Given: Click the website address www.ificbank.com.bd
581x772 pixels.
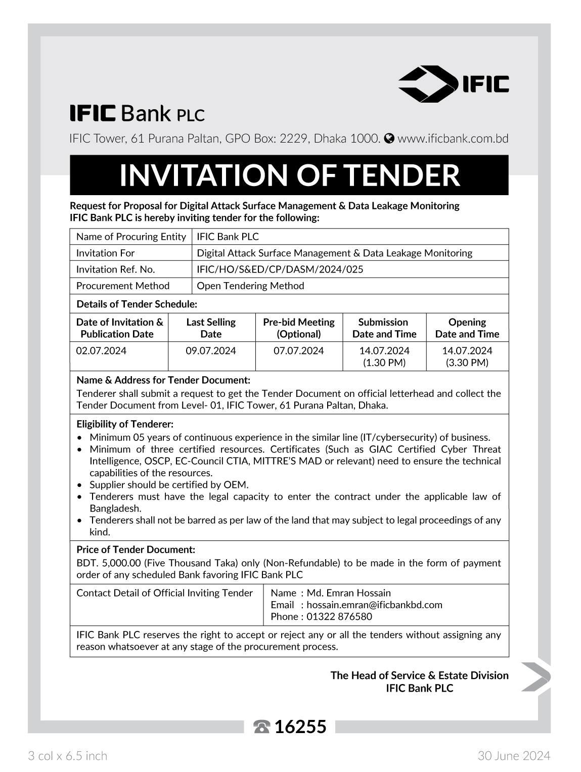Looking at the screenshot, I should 453,139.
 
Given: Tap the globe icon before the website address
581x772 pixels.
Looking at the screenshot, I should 389,139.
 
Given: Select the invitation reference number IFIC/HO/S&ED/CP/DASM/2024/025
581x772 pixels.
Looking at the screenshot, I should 280,269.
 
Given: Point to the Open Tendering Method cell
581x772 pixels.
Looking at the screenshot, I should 250,286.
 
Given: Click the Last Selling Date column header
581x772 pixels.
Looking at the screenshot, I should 211,328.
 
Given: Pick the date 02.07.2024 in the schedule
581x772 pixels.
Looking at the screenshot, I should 101,351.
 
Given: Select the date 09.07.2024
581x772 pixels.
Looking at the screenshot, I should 211,351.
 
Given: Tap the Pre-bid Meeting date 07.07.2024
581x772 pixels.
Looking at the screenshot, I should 298,351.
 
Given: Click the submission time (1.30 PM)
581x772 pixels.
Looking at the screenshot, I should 384,362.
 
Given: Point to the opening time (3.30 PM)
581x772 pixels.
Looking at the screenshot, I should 467,362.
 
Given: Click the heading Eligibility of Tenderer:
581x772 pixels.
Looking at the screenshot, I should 125,424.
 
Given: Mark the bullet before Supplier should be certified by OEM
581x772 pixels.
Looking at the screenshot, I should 79,485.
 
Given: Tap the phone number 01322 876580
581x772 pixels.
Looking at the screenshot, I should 339,616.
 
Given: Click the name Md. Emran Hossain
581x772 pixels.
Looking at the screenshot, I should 349,593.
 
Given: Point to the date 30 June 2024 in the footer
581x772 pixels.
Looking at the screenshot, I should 514,756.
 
